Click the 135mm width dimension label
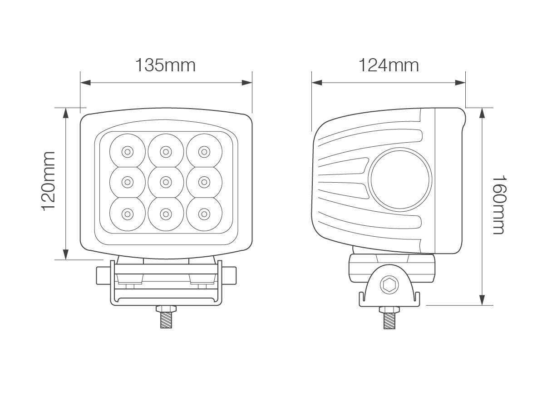pyautogui.click(x=165, y=65)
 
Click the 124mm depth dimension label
pyautogui.click(x=389, y=65)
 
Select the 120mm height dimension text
pyautogui.click(x=48, y=181)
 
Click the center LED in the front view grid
pyautogui.click(x=166, y=182)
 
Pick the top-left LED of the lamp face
pyautogui.click(x=128, y=151)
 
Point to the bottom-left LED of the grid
pyautogui.click(x=128, y=213)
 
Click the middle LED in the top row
pyautogui.click(x=166, y=151)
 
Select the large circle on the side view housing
pyautogui.click(x=400, y=179)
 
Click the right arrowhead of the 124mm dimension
pyautogui.click(x=460, y=83)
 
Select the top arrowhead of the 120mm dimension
pyautogui.click(x=66, y=113)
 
